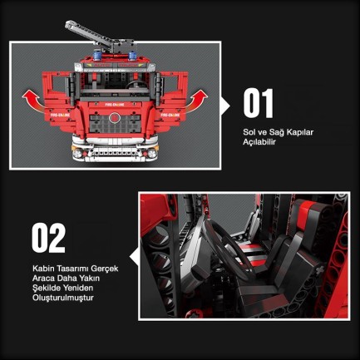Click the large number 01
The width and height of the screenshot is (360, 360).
(x=258, y=103)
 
